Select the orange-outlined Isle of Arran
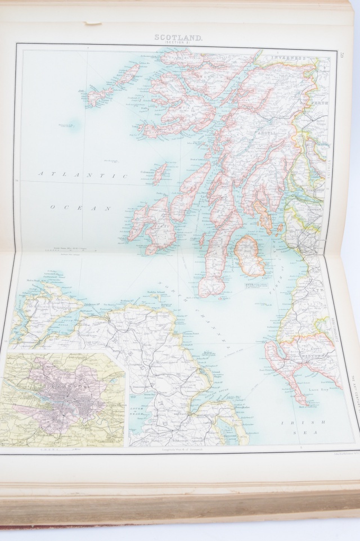pyautogui.click(x=249, y=256)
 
